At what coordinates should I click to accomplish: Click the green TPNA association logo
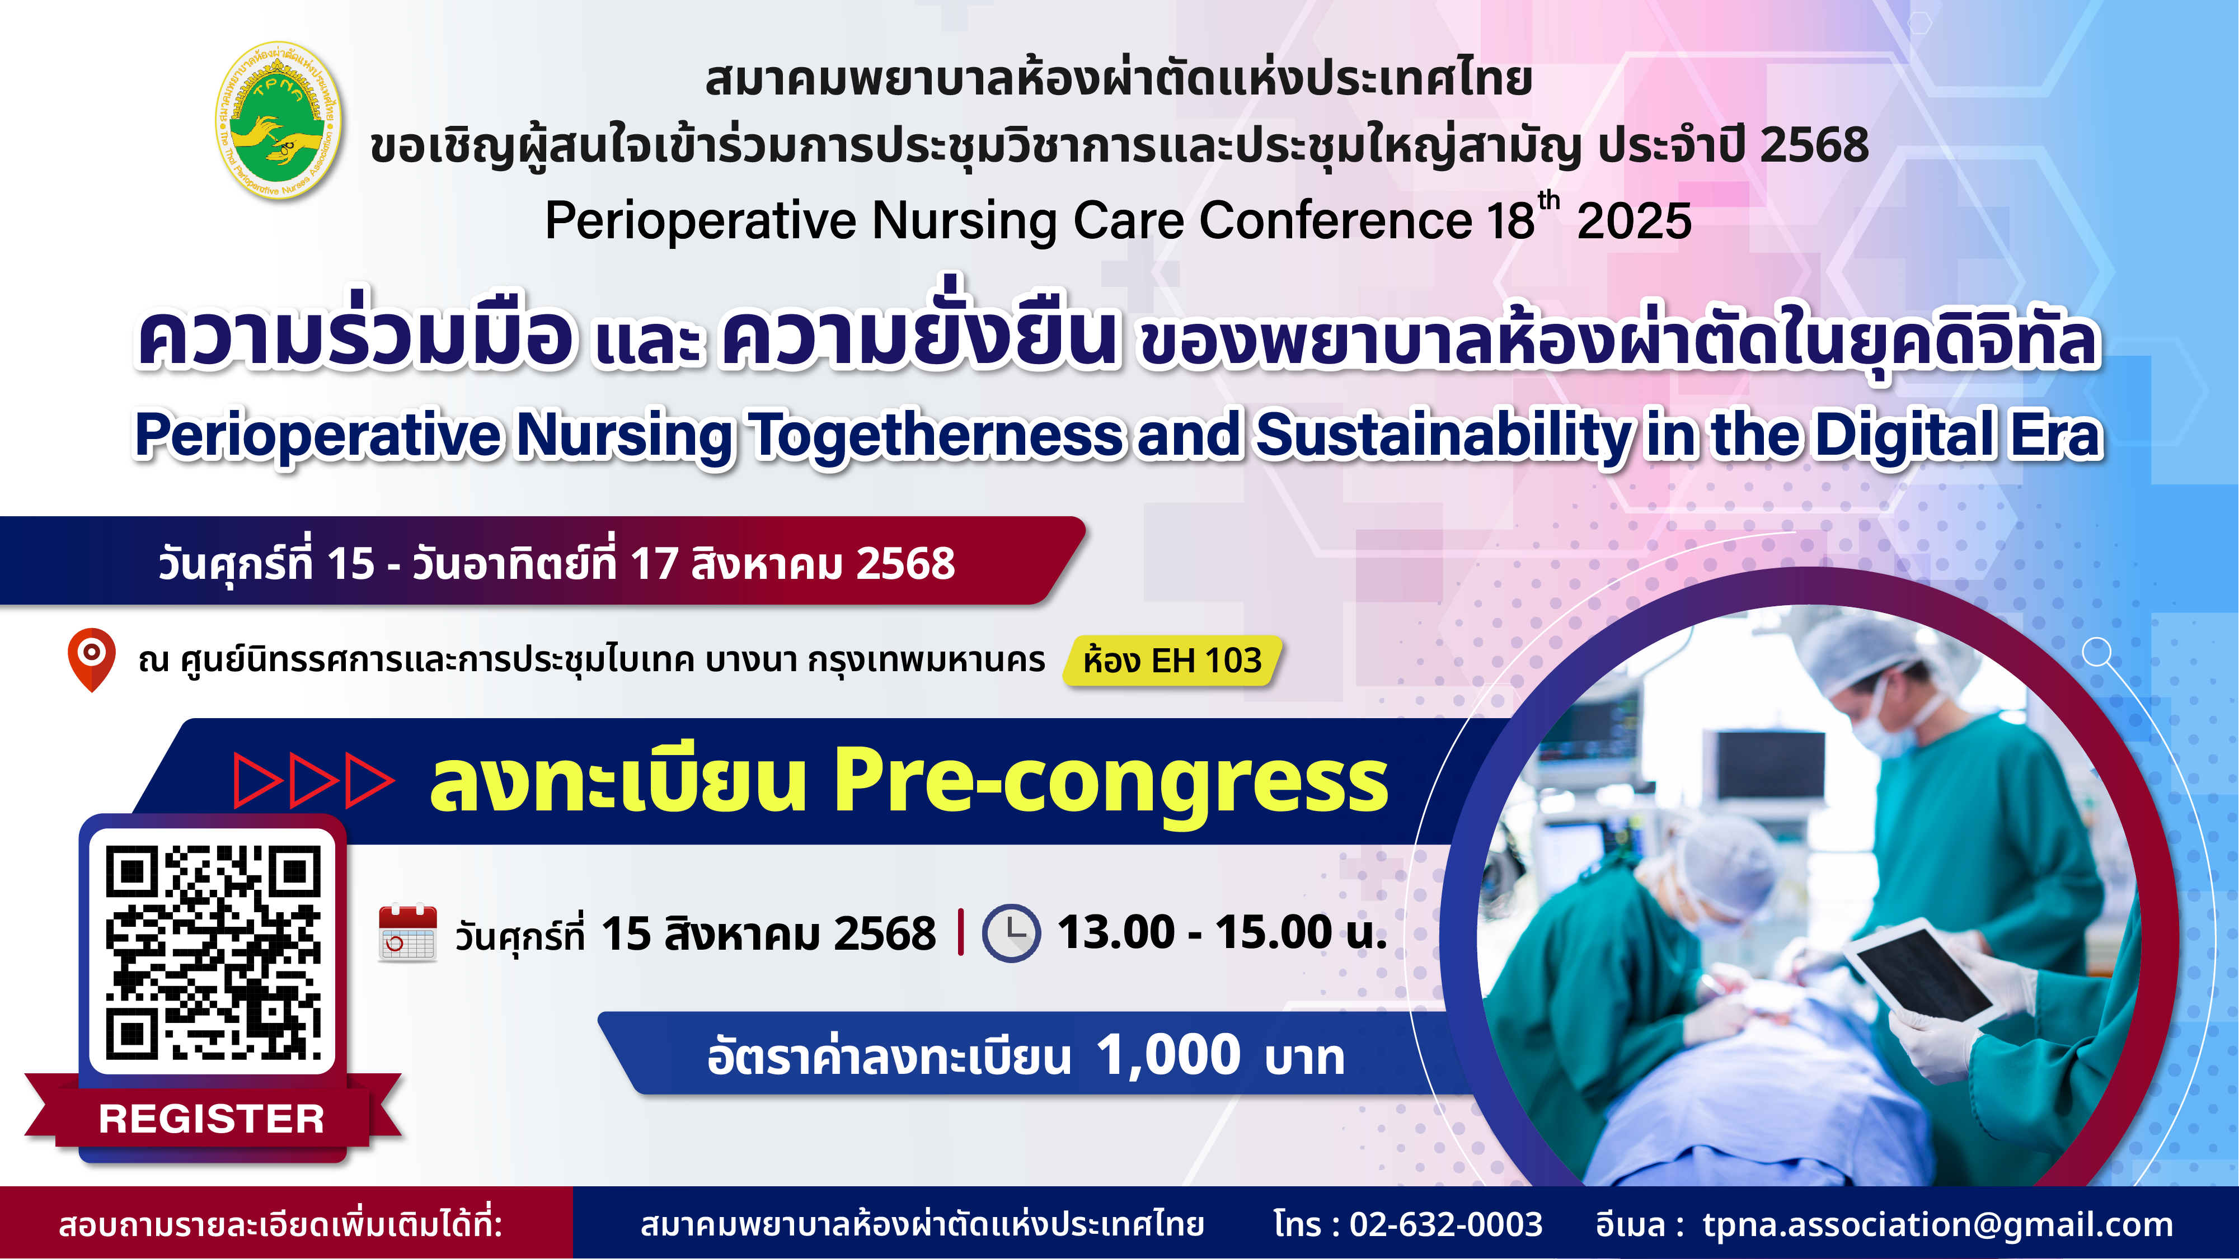(x=278, y=120)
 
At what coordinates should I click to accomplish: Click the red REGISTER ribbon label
(x=212, y=1118)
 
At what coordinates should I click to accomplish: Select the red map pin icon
(x=91, y=659)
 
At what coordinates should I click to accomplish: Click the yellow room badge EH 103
(x=1172, y=661)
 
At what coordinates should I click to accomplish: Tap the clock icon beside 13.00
(x=1011, y=933)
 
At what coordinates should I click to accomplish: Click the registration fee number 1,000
(x=1168, y=1055)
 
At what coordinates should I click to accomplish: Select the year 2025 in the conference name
(x=1634, y=221)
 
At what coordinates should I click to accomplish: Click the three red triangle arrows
(x=314, y=781)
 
